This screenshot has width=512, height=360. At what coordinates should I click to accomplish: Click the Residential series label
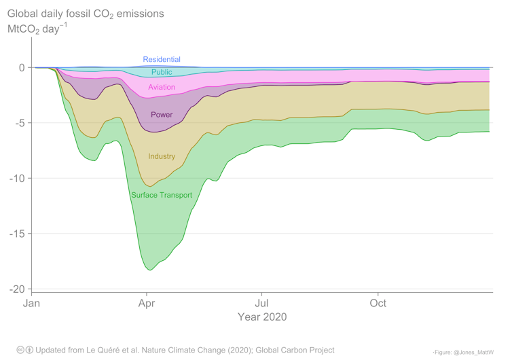click(x=162, y=60)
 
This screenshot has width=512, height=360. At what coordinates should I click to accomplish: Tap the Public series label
click(x=162, y=72)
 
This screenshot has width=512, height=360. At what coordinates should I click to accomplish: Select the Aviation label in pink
click(x=162, y=88)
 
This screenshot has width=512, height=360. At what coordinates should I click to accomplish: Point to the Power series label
click(x=162, y=115)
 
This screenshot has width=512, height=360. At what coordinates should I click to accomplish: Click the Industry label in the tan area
click(x=162, y=157)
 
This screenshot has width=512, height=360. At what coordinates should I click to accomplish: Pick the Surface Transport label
click(x=162, y=196)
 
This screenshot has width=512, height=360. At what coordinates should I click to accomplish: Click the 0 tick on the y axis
click(x=21, y=68)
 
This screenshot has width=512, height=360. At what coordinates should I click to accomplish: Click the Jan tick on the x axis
click(x=32, y=304)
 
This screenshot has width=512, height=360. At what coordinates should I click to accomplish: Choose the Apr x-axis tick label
click(x=146, y=304)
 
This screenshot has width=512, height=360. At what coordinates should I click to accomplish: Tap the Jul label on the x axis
click(x=261, y=304)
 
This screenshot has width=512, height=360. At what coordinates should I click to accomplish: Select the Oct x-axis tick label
click(x=378, y=304)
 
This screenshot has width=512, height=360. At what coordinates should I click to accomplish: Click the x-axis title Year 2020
click(x=261, y=317)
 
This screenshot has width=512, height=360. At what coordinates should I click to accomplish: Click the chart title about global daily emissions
click(x=85, y=14)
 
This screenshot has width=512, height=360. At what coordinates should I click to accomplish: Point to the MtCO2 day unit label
click(x=37, y=30)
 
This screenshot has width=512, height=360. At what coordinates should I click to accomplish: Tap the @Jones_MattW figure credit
click(x=464, y=352)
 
